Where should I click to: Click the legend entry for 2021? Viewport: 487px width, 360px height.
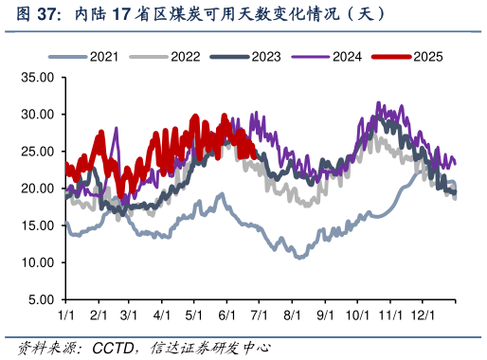[x=104, y=57]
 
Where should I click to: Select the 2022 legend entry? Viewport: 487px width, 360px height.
[x=185, y=57]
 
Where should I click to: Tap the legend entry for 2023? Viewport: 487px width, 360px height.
[x=265, y=57]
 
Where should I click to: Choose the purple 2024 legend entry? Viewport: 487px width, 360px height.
[x=346, y=57]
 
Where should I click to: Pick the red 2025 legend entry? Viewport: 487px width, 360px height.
[x=426, y=57]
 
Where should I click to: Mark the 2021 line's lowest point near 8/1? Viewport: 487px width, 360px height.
[x=300, y=257]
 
